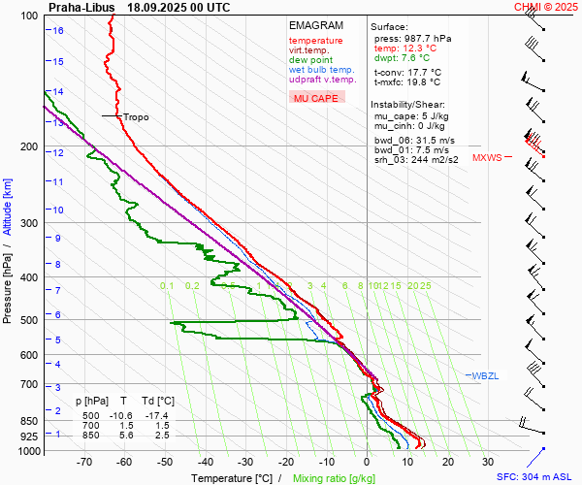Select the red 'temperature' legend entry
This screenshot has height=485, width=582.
315,41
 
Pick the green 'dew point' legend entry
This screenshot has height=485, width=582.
310,60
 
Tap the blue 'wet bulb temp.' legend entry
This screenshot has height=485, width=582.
321,70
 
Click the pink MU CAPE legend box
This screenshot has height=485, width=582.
316,98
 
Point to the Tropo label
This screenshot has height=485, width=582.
136,116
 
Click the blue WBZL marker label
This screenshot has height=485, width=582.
485,375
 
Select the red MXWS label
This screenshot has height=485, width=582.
487,157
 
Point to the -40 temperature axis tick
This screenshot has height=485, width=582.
205,462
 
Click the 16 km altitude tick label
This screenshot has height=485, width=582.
58,30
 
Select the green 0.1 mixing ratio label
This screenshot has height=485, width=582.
167,285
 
